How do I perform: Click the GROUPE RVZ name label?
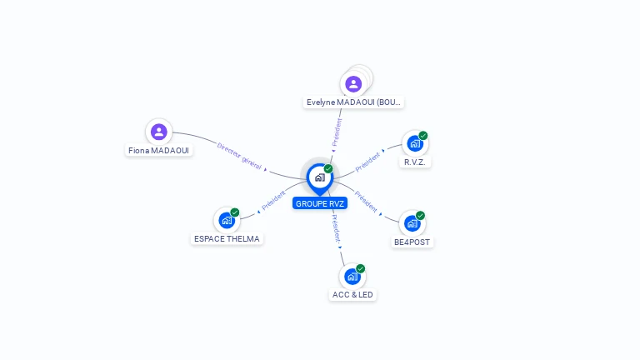[320, 203]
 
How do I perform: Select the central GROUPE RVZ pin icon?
[319, 177]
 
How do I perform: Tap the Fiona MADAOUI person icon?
[158, 132]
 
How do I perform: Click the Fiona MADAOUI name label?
[158, 151]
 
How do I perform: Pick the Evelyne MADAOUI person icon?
[353, 83]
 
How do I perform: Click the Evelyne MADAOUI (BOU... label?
[353, 102]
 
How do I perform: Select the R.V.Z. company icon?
[413, 143]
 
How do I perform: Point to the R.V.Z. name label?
[415, 162]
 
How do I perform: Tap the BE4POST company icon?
[412, 223]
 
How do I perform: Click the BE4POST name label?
[412, 242]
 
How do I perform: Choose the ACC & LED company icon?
[352, 276]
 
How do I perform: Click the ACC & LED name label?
[353, 295]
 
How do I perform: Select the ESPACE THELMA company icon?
[226, 220]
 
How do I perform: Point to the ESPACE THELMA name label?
[226, 239]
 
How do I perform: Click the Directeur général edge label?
[239, 156]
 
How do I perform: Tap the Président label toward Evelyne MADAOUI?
[337, 132]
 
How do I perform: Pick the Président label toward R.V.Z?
[368, 162]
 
